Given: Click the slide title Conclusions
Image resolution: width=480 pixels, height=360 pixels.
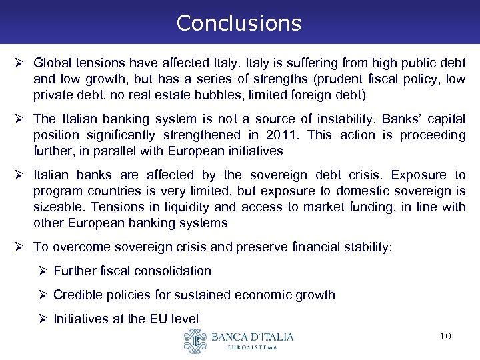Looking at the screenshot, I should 239,23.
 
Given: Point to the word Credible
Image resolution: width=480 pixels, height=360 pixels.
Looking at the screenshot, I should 76,295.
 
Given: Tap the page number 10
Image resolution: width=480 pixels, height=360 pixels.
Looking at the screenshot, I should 445,336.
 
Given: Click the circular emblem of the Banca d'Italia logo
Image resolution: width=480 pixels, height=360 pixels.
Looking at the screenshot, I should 195,341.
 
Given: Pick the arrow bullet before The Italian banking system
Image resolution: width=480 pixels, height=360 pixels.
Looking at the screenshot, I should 24,119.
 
